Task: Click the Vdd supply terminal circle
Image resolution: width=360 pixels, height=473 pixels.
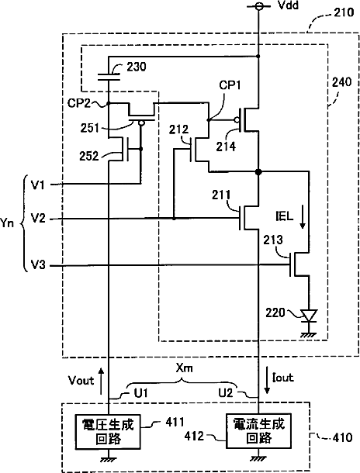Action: pos(258,6)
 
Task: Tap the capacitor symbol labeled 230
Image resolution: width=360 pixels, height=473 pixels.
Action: pos(109,77)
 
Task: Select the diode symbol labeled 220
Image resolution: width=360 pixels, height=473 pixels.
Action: pos(309,316)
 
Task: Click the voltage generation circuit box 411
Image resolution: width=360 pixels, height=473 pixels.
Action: pos(108,431)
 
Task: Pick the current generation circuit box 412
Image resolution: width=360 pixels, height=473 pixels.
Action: pos(258,431)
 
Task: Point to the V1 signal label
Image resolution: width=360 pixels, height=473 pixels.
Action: pos(38,185)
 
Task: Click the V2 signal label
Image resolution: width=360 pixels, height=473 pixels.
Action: pos(38,218)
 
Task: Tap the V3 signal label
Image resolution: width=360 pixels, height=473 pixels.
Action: pos(38,265)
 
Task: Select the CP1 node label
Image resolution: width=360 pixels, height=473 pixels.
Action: pos(230,85)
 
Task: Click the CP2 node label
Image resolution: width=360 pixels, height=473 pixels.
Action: pos(79,103)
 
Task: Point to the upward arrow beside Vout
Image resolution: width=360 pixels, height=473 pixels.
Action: pos(102,381)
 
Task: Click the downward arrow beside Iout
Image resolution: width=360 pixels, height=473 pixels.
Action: pos(267,381)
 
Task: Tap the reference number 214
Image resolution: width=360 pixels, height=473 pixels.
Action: pos(226,147)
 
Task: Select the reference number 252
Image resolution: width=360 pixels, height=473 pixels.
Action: pos(89,156)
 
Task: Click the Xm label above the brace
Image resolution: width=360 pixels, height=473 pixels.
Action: pos(185,368)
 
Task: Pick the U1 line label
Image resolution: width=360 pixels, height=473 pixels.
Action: pos(141,393)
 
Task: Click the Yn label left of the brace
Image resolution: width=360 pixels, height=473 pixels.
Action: pos(7,223)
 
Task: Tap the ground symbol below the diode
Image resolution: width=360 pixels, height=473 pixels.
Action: pos(309,334)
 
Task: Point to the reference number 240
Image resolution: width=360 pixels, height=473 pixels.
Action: pos(341,81)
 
